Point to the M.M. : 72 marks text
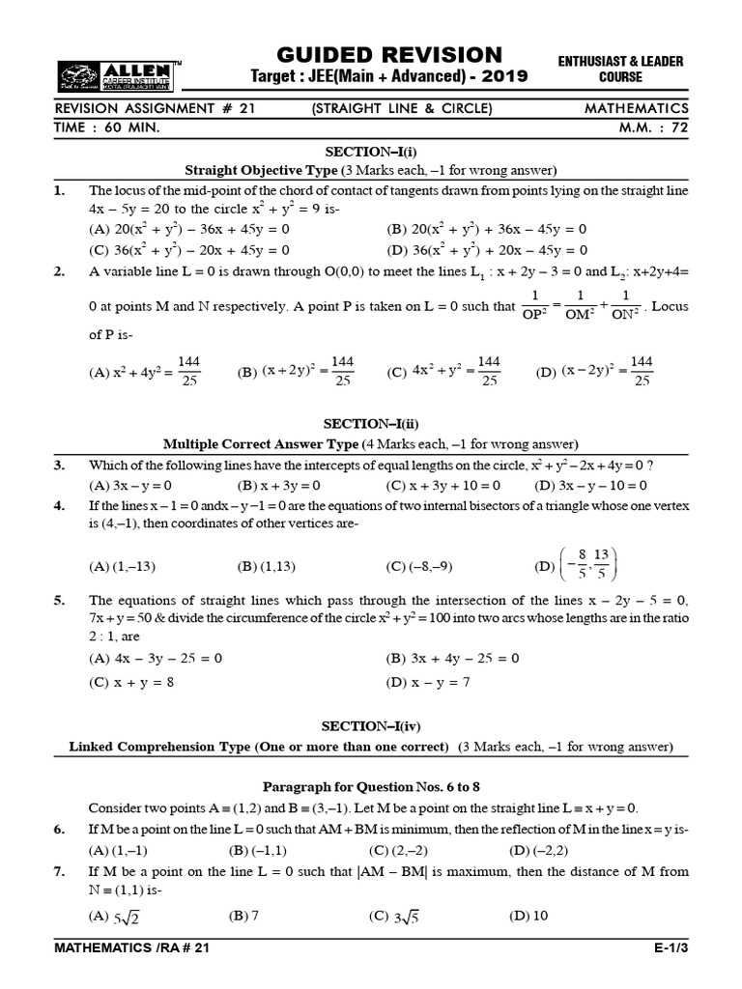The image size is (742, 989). click(651, 127)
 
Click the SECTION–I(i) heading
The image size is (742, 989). click(371, 153)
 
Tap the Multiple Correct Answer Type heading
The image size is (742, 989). click(370, 444)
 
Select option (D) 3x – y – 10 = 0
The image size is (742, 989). click(590, 485)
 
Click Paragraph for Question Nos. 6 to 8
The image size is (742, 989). click(370, 787)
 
